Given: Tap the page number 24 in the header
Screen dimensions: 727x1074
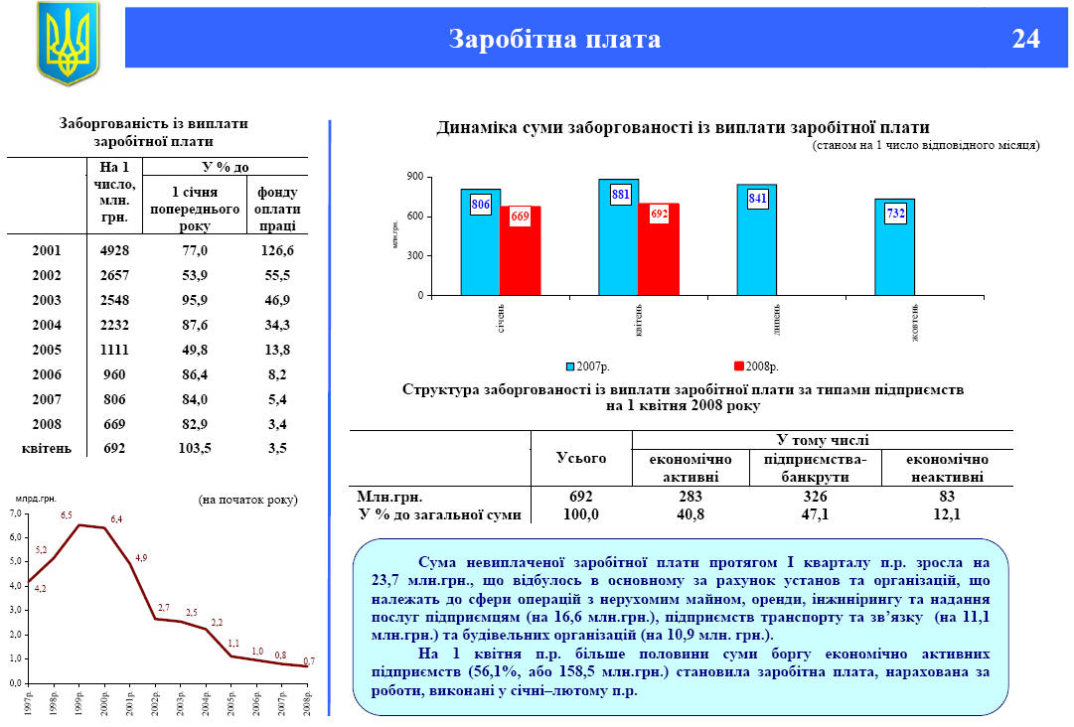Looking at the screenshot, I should point(1025,39).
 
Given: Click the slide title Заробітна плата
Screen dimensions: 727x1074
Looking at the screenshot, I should point(554,39).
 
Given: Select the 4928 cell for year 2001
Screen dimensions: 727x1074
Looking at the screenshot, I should point(115,250).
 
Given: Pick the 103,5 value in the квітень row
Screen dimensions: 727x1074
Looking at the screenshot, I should point(197,449).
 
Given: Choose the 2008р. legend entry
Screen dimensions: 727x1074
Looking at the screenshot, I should point(756,367).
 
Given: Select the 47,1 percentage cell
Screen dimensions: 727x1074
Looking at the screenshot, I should point(816,514).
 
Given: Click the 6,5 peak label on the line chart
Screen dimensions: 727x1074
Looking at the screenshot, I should point(67,515).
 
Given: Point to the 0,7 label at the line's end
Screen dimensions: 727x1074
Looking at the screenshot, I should point(309,660).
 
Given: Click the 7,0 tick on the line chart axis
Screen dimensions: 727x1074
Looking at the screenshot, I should point(14,513).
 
